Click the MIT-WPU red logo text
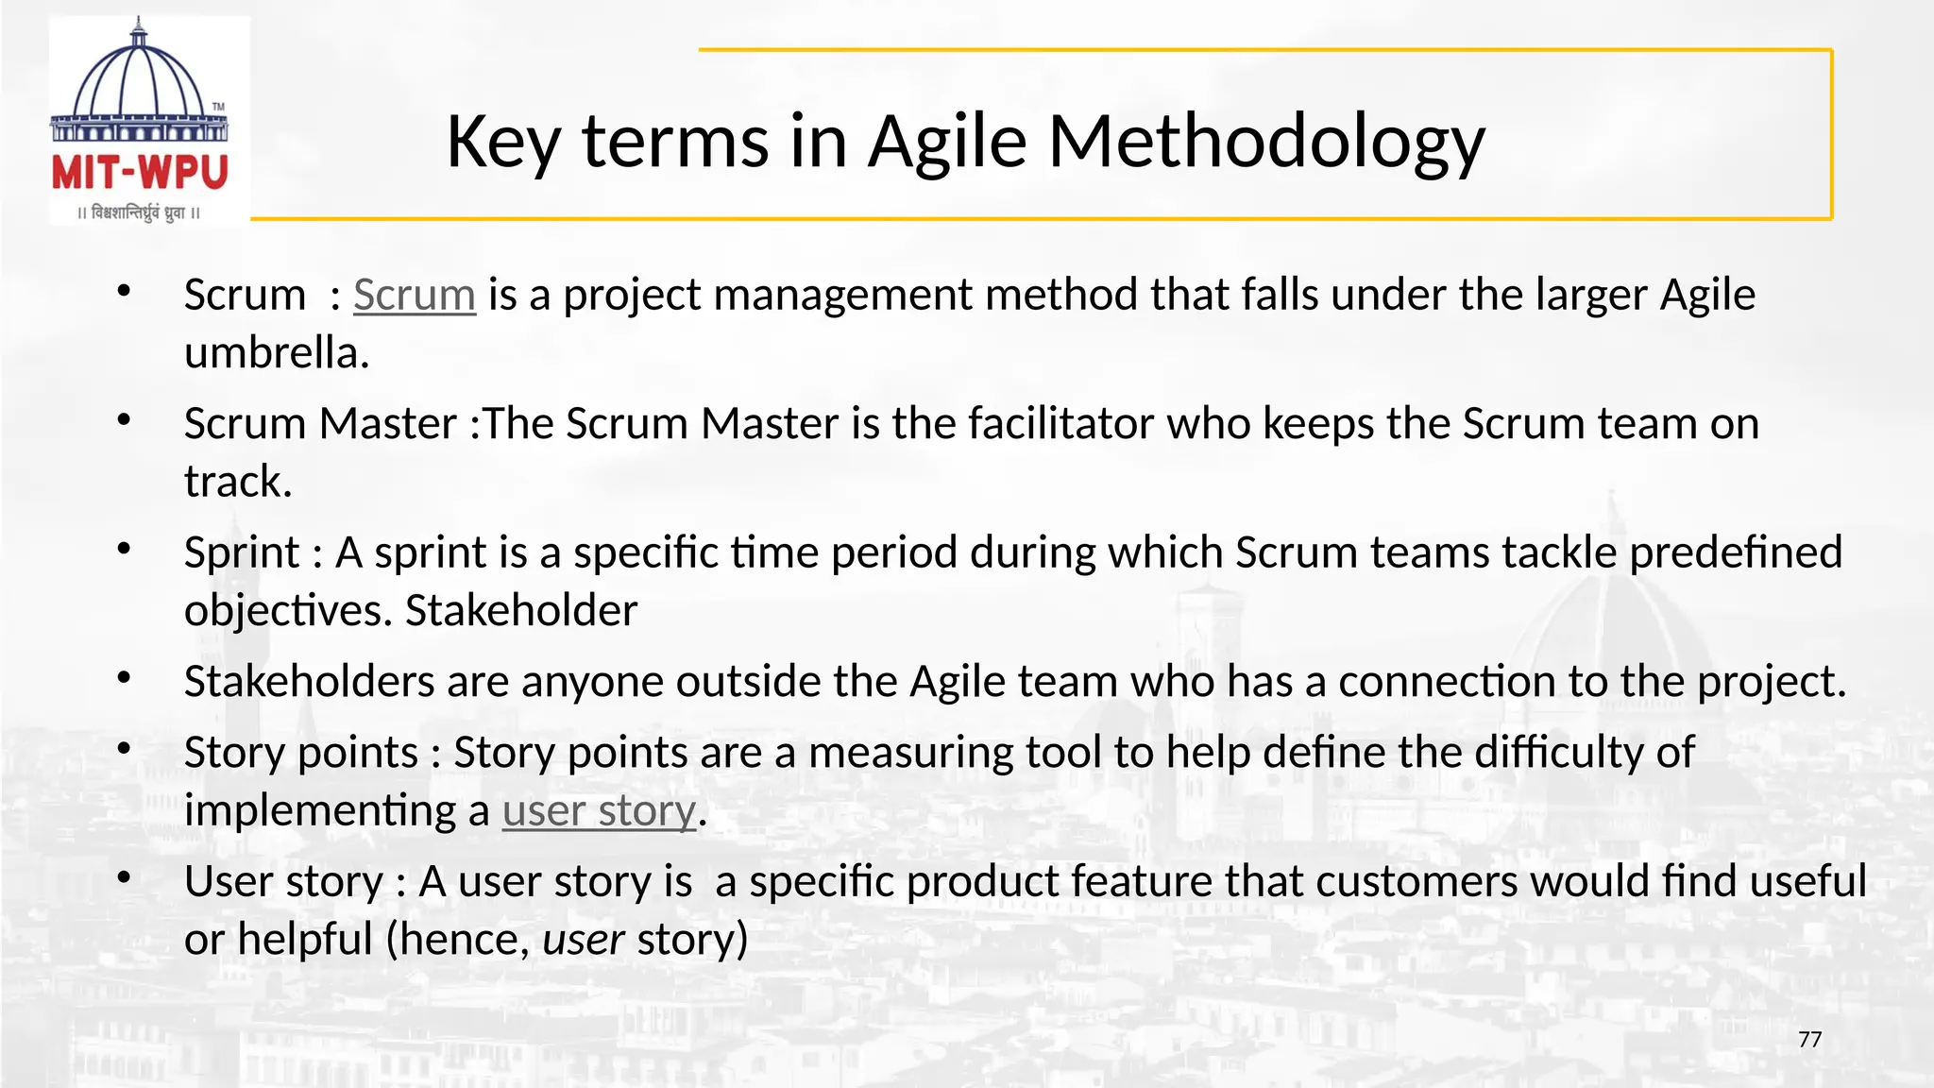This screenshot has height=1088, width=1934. [x=140, y=173]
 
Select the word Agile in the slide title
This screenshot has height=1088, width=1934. [x=947, y=142]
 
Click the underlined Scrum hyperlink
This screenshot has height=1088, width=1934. [x=414, y=295]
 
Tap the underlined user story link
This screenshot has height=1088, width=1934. [x=599, y=811]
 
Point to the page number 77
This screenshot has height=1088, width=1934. [x=1809, y=1040]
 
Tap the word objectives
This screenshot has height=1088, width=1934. [x=285, y=611]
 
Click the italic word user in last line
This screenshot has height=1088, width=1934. [x=583, y=940]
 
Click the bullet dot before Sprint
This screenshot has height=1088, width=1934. [x=124, y=549]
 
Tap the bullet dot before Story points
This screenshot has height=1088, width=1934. [x=124, y=749]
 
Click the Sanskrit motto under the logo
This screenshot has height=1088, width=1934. [x=139, y=212]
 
